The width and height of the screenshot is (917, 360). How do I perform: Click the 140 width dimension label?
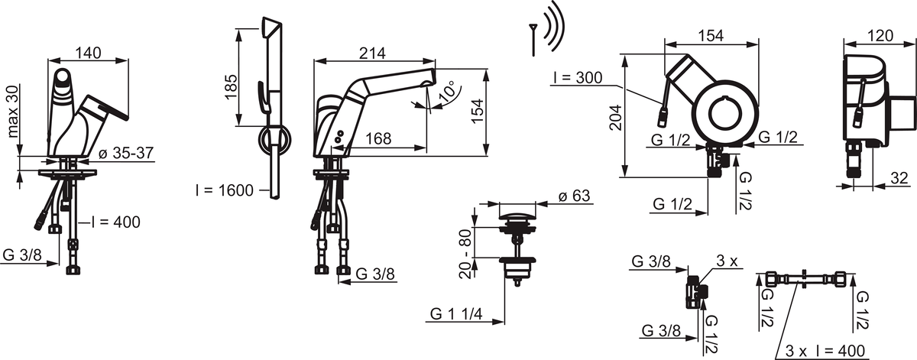(89, 53)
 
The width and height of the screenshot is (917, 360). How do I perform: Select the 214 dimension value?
(372, 53)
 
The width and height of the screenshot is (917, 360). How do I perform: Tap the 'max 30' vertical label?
(13, 112)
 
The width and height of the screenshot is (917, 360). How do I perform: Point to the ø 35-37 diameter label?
(126, 153)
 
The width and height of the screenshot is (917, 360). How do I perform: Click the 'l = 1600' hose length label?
(225, 190)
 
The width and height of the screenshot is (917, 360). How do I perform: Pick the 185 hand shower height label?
(232, 86)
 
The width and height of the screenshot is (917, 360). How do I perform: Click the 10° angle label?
(448, 91)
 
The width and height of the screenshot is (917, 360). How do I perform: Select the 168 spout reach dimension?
(377, 138)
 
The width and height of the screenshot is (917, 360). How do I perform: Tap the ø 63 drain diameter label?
(574, 196)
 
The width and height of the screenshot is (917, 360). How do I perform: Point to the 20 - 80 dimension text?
(466, 254)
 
